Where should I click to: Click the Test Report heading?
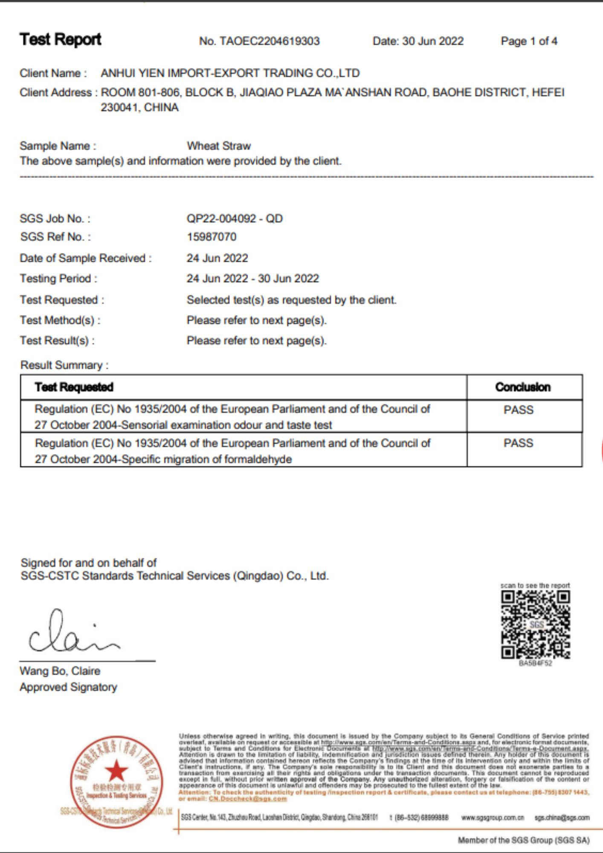pos(60,40)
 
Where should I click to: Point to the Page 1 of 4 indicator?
pos(529,41)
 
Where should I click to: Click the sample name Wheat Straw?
pos(219,146)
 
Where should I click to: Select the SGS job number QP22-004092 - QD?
pos(235,219)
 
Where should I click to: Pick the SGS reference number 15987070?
pos(212,237)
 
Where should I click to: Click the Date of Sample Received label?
pos(85,258)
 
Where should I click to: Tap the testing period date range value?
pos(252,279)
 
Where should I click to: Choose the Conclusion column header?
pos(523,387)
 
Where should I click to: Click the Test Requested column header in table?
pos(74,387)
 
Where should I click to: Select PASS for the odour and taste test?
pos(518,410)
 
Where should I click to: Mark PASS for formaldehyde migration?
pos(518,443)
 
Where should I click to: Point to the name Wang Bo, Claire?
pos(60,671)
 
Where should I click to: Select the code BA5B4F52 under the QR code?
pos(535,664)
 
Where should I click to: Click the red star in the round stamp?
pos(116,772)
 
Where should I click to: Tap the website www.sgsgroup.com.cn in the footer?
pos(493,818)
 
